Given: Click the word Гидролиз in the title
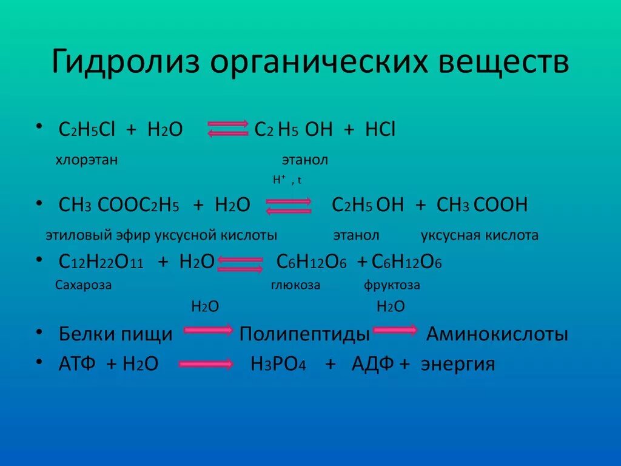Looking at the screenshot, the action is (x=126, y=63).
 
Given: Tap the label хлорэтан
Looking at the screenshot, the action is (x=87, y=160).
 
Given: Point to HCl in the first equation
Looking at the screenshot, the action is (x=380, y=129).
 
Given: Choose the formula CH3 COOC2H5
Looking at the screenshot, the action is (x=119, y=205).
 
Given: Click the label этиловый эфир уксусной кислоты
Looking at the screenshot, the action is (x=161, y=235).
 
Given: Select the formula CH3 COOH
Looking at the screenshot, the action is (x=482, y=205).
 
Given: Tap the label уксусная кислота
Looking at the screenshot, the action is (x=479, y=235).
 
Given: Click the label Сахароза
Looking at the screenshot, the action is (x=83, y=285).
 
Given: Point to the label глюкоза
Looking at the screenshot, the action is (x=295, y=285).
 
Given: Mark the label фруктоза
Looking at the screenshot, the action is (x=392, y=285).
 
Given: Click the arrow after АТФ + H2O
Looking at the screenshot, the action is (x=206, y=364).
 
